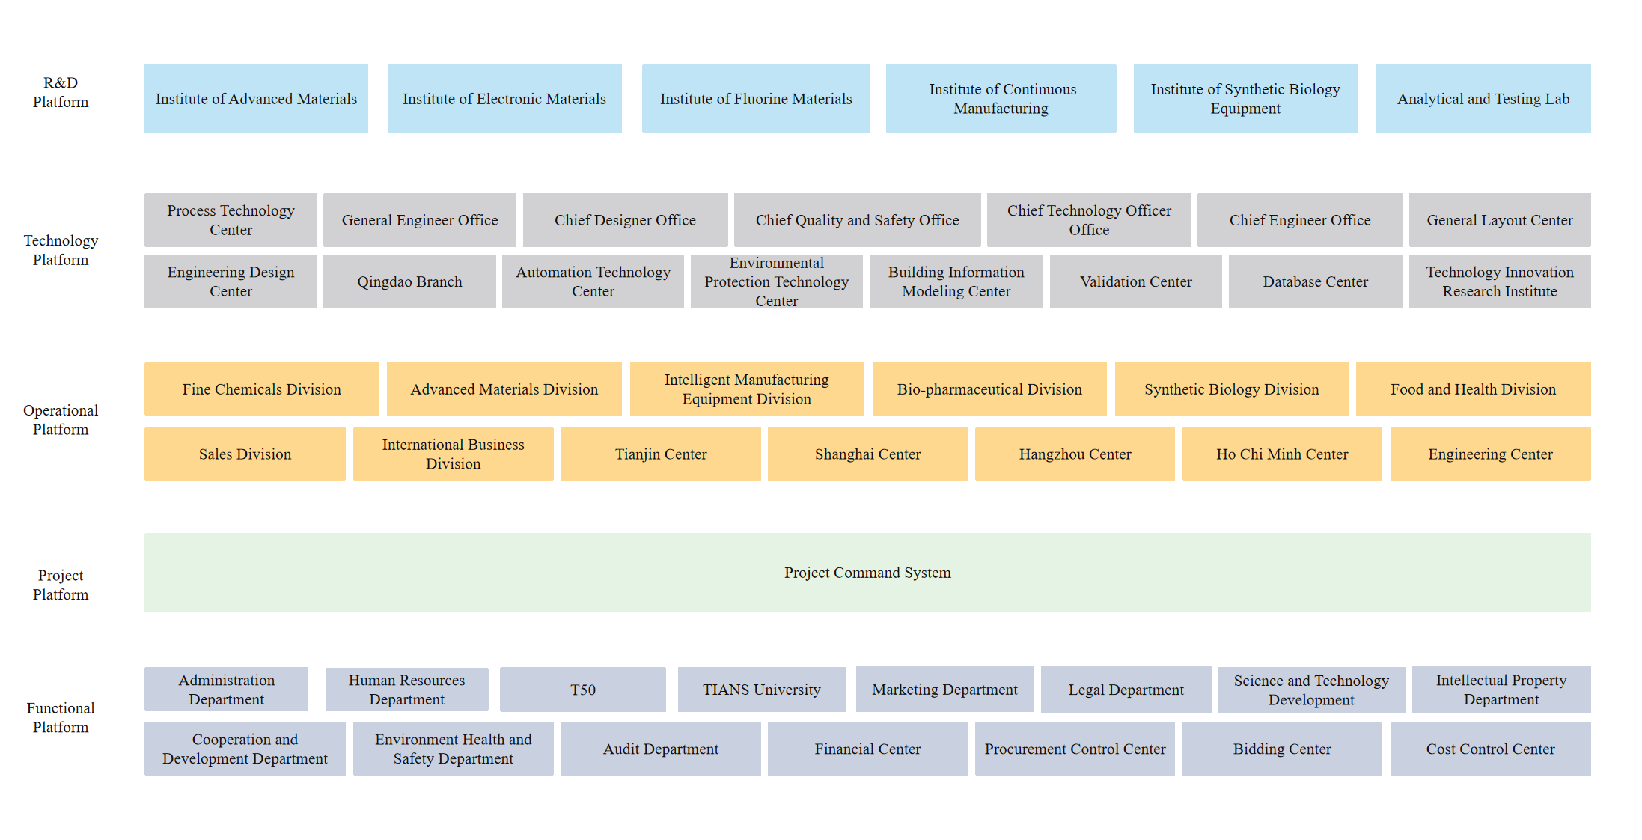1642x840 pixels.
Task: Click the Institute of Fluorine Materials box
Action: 756,98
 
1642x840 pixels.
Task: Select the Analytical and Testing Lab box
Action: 1483,98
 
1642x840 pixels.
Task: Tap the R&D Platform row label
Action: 61,92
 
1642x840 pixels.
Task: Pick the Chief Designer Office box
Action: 625,220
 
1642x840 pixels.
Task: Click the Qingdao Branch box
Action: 409,281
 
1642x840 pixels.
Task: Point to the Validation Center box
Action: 1135,281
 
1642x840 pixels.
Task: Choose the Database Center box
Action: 1316,281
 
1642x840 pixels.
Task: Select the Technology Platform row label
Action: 61,250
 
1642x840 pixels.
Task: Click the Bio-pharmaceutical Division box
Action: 989,389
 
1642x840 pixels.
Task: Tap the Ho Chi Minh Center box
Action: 1282,454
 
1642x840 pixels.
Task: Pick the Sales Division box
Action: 245,454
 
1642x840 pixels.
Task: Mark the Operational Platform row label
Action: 61,420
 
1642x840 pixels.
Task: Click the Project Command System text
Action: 867,573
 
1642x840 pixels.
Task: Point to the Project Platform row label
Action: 61,585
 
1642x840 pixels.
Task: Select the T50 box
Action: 583,690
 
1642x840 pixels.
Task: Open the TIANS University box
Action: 762,690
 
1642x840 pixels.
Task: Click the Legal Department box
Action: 1126,690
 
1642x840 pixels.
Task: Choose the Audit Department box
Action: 661,749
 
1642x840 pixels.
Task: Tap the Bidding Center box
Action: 1282,749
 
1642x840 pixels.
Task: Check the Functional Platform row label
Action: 61,717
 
